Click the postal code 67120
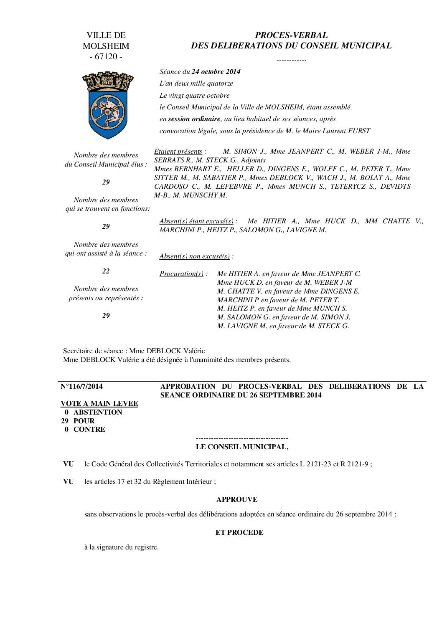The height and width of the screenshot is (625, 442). (x=106, y=57)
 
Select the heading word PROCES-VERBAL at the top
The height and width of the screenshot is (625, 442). (x=291, y=35)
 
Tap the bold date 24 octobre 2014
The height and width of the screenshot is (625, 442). (x=216, y=71)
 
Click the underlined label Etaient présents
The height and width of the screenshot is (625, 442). (x=178, y=151)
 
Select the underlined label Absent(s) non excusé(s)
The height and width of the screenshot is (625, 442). (x=195, y=256)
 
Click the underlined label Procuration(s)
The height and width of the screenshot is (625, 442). (x=181, y=274)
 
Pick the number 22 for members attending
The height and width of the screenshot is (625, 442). (x=106, y=271)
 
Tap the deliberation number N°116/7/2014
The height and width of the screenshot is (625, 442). (x=82, y=386)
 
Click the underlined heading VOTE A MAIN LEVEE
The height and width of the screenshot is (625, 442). (x=99, y=403)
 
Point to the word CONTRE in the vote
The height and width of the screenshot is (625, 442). (x=89, y=429)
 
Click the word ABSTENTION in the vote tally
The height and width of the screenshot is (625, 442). (x=98, y=412)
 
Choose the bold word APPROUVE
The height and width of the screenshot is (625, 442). (x=237, y=499)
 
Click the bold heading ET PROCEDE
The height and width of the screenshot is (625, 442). (x=239, y=532)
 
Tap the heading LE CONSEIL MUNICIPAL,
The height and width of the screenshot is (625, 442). (x=242, y=447)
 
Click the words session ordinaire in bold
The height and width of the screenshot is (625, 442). (x=194, y=119)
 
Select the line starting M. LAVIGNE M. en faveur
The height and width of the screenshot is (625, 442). (x=283, y=326)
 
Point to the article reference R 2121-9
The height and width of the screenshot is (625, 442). (x=354, y=464)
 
